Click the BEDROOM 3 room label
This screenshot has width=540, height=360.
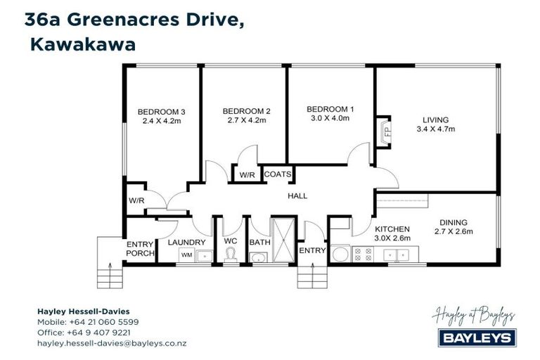161,111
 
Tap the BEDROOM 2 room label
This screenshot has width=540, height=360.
246,111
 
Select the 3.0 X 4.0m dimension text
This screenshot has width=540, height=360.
330,118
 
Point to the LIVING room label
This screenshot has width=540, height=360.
435,120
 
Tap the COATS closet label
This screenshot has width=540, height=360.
277,174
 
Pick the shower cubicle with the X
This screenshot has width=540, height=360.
283,240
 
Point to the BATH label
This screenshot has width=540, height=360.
259,243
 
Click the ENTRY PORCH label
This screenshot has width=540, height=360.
140,248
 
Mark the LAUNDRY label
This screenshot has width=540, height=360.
187,243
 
